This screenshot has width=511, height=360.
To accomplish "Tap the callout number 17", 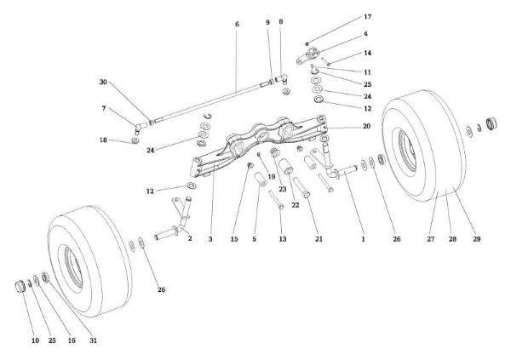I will [x=344, y=17].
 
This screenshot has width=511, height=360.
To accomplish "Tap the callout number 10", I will [x=35, y=340].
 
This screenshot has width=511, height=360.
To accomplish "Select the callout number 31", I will [x=94, y=340].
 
